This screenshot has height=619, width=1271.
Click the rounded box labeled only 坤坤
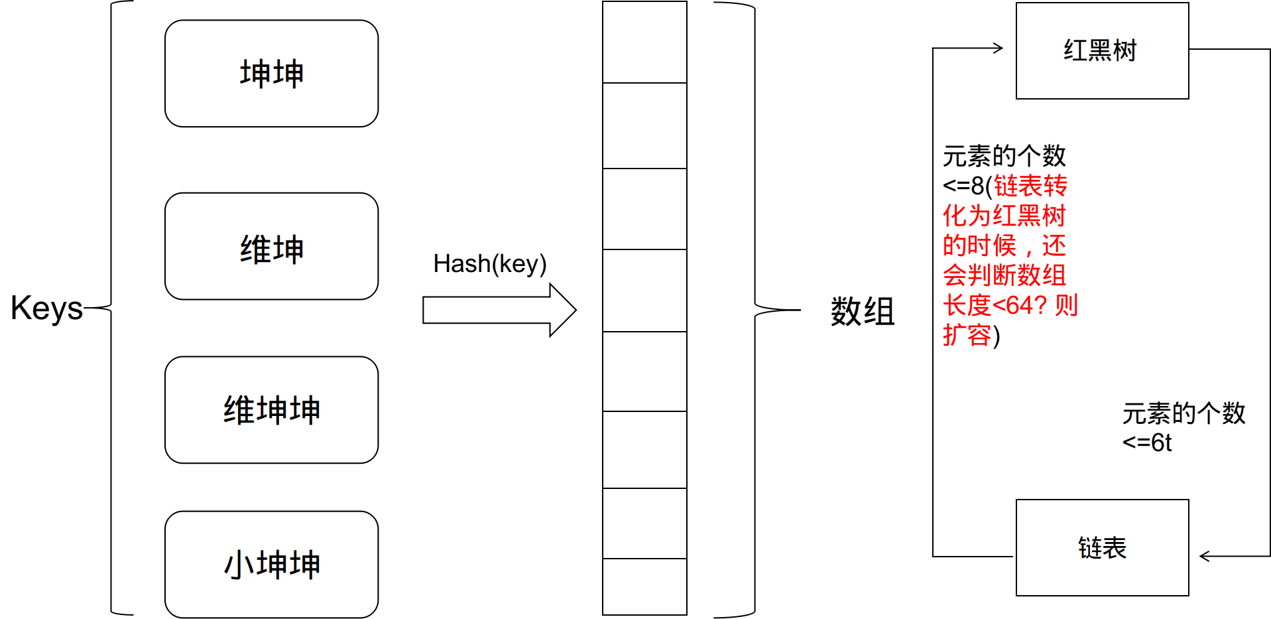click(271, 74)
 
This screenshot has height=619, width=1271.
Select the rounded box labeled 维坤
click(271, 247)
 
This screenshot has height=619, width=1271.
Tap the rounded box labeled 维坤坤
click(271, 410)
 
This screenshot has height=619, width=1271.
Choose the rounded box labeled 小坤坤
click(271, 565)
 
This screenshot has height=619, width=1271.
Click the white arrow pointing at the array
click(491, 310)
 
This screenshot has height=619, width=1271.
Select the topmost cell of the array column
click(644, 42)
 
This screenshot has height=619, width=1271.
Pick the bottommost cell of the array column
click(644, 586)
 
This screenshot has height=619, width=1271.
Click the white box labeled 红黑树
click(1102, 51)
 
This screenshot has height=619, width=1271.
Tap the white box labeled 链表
click(1102, 548)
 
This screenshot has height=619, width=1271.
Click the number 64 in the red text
click(1020, 306)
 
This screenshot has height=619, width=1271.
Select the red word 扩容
click(967, 336)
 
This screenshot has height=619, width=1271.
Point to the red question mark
click(1041, 306)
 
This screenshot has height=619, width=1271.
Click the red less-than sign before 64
click(999, 306)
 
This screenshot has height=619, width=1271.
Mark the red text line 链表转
click(1030, 186)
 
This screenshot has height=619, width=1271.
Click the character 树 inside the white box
click(1125, 51)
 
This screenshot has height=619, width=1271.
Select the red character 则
click(1066, 306)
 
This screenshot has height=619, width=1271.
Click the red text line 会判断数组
click(1004, 276)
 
